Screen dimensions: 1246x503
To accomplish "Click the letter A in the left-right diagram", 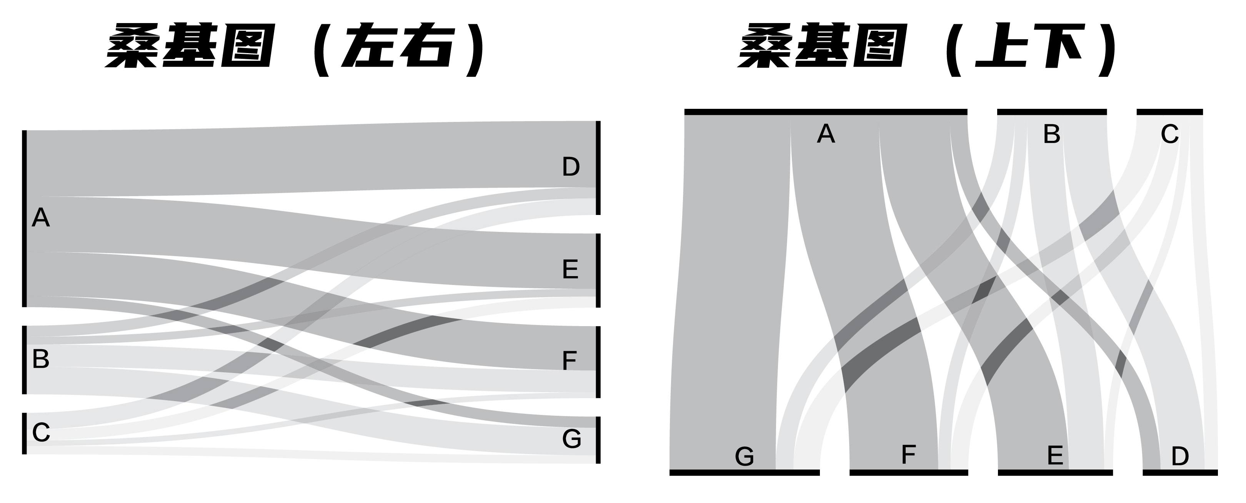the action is pyautogui.click(x=41, y=218).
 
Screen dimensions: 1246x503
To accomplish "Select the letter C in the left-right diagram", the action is pyautogui.click(x=41, y=432).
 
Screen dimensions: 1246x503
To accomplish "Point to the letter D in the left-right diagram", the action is pyautogui.click(x=571, y=167).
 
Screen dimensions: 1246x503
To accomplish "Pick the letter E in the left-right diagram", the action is pyautogui.click(x=570, y=270).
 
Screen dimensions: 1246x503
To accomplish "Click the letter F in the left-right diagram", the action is pyautogui.click(x=569, y=361).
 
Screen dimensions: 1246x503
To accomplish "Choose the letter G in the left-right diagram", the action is pyautogui.click(x=571, y=439).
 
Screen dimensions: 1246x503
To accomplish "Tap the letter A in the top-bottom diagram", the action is pyautogui.click(x=826, y=134).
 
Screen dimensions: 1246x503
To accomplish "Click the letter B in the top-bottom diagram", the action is pyautogui.click(x=1051, y=134).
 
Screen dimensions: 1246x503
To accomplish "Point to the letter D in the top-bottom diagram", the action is pyautogui.click(x=1180, y=456).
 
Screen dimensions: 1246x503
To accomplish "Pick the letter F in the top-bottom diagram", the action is pyautogui.click(x=908, y=455).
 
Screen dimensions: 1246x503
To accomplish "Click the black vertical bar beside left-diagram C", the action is pyautogui.click(x=24, y=433).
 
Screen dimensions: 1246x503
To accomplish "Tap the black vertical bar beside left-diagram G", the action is pyautogui.click(x=598, y=440).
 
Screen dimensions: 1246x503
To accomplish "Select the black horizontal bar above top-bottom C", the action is pyautogui.click(x=1169, y=112).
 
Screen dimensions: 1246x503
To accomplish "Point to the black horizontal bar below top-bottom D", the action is pyautogui.click(x=1180, y=473).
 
